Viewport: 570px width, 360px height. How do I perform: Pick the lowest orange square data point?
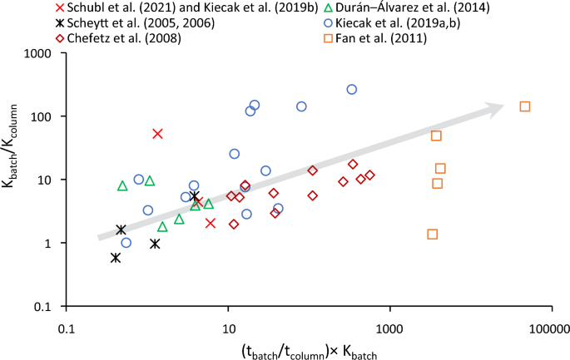(433, 234)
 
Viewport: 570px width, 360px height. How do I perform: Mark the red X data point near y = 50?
(157, 133)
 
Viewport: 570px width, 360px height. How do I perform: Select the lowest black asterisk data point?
(115, 258)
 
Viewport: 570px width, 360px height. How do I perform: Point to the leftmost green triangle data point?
(122, 186)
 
